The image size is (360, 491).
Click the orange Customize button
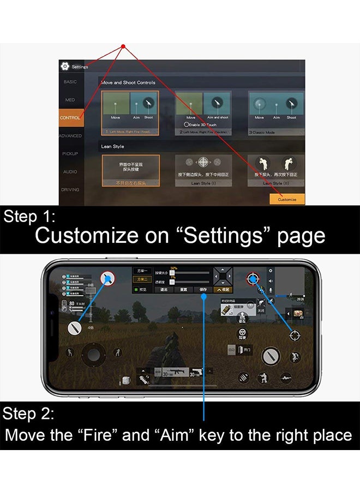tap(287, 199)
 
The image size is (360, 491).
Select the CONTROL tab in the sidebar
tap(70, 118)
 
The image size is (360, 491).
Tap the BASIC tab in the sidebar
tap(70, 82)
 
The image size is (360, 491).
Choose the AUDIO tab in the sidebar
tap(70, 172)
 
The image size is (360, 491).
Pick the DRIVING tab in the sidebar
tap(70, 190)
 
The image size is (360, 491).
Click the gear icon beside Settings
tap(65, 67)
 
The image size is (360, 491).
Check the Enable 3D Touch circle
tap(187, 124)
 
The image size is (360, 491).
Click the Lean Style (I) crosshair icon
tap(203, 162)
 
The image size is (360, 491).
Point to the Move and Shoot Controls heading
tap(128, 83)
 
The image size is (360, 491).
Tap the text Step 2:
tap(28, 414)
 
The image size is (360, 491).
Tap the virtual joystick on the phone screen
tap(94, 354)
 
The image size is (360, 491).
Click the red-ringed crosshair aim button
tap(253, 279)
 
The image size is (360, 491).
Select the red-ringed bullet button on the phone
tap(107, 278)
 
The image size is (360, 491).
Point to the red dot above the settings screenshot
tap(123, 46)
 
